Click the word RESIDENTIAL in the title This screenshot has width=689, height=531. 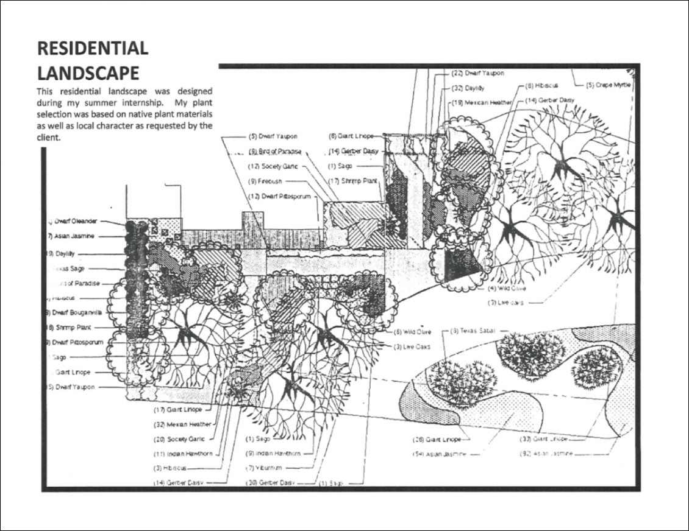tap(93, 49)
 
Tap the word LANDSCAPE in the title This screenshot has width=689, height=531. tap(88, 73)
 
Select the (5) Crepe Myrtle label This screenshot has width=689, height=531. tap(608, 85)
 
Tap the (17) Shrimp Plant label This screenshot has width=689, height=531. tap(354, 181)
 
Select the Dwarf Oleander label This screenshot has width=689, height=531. tap(79, 222)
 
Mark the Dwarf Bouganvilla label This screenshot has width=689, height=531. tap(77, 312)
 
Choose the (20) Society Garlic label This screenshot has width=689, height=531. tap(179, 438)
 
